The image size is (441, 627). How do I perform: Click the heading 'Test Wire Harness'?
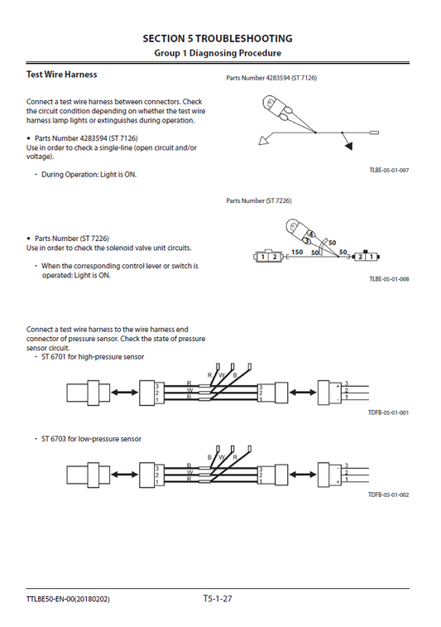coord(61,75)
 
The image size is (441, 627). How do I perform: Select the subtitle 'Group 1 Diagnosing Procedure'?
coord(218,53)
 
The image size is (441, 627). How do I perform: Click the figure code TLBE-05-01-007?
coord(389,170)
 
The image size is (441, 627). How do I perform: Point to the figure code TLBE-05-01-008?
coord(389,279)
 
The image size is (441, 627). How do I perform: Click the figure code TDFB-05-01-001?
coord(389,412)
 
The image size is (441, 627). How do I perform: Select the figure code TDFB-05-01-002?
coord(389,494)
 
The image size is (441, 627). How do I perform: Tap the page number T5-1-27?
coord(218,598)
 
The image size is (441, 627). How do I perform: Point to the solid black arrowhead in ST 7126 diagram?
coord(348,146)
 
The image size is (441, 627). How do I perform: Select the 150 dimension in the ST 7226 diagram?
coord(297,251)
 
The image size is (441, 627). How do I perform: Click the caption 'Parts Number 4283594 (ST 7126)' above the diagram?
coord(271,78)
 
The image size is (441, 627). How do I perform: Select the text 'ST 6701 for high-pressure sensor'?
coord(93,357)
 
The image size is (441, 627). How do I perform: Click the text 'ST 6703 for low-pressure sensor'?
coord(91,439)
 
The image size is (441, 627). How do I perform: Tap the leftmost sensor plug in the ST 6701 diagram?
coord(83,393)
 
